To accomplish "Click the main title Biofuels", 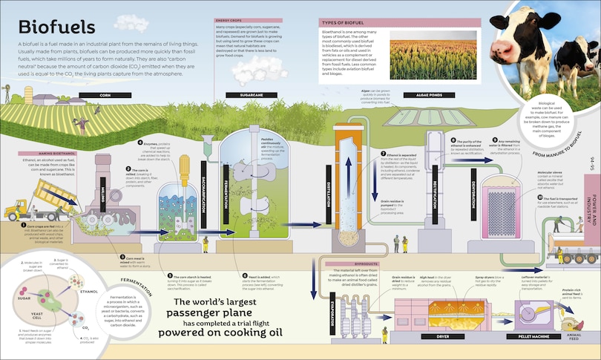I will click(x=56, y=27).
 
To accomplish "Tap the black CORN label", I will click(x=104, y=95).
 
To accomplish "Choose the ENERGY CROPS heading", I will click(x=227, y=19).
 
